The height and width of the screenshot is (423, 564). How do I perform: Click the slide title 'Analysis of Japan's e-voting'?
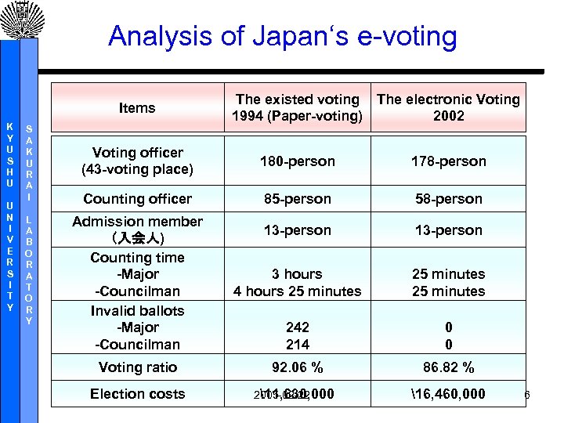[282, 36]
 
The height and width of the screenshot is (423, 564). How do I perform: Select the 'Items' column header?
[137, 108]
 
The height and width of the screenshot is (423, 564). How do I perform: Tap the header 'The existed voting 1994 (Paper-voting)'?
[297, 108]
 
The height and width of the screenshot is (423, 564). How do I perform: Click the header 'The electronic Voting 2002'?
[448, 108]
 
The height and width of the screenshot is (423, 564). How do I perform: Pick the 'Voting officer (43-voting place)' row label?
[137, 161]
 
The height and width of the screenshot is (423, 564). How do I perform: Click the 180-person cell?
[297, 161]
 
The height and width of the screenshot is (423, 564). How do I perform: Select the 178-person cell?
[448, 161]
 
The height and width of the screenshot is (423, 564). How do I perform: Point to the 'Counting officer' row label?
[137, 199]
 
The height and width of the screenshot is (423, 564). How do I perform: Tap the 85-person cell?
[297, 199]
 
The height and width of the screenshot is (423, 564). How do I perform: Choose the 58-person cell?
[448, 199]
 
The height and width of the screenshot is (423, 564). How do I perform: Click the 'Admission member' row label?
[137, 222]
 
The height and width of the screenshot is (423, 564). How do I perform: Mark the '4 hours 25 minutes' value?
[297, 291]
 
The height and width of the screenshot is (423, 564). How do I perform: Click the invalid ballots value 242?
[297, 327]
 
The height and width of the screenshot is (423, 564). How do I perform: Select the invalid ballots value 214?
[297, 344]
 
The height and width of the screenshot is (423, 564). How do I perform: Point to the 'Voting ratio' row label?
[137, 367]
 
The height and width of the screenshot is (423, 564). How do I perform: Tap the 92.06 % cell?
[297, 367]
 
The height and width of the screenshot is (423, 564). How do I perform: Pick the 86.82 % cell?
[448, 367]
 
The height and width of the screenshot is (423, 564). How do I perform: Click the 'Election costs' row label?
[137, 394]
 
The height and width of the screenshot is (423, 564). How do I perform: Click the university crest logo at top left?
[19, 20]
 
